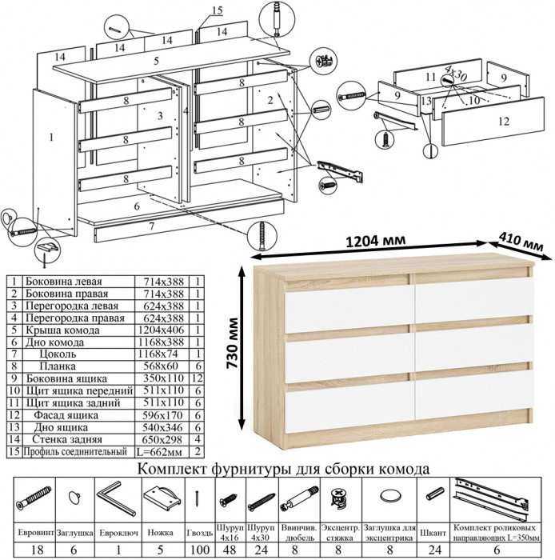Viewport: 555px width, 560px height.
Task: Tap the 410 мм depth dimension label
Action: point(521,237)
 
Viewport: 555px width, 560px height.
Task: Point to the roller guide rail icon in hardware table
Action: point(491,494)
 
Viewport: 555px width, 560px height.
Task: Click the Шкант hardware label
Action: point(435,531)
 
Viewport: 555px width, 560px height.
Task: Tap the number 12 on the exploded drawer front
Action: point(501,122)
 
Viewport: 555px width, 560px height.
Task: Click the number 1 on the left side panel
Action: point(51,138)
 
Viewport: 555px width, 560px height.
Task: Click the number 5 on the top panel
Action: point(157,62)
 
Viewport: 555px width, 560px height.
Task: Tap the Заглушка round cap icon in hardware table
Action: point(74,497)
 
